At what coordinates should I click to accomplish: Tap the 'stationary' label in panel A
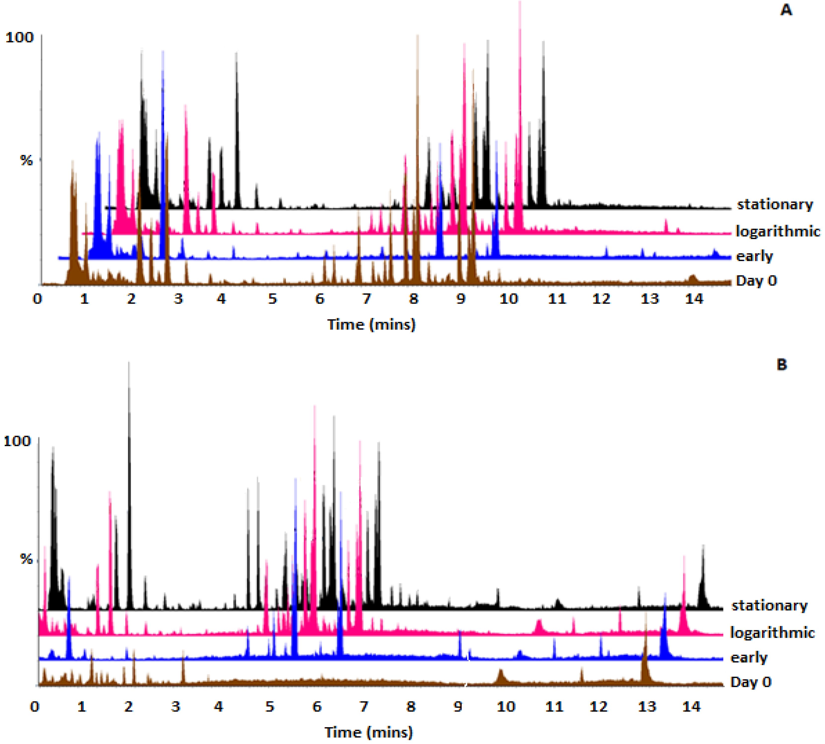[x=775, y=204]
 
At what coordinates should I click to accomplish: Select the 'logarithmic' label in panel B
[x=772, y=633]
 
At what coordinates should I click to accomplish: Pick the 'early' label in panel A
[x=754, y=256]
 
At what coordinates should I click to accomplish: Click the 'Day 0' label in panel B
[x=750, y=682]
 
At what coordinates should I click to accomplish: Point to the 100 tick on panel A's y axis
[x=19, y=37]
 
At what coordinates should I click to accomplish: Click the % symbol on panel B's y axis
[x=26, y=559]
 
